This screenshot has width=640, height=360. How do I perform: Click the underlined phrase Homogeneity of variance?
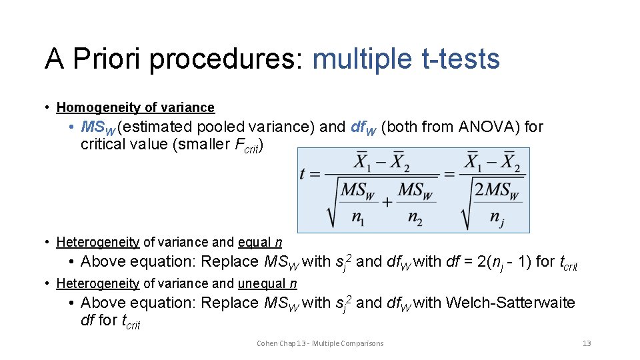[135, 107]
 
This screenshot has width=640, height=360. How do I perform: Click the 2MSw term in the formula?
[497, 190]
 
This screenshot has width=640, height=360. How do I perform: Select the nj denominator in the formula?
[497, 218]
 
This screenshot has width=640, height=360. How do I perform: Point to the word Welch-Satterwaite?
[510, 303]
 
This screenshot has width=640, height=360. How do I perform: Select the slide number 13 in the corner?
[587, 343]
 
